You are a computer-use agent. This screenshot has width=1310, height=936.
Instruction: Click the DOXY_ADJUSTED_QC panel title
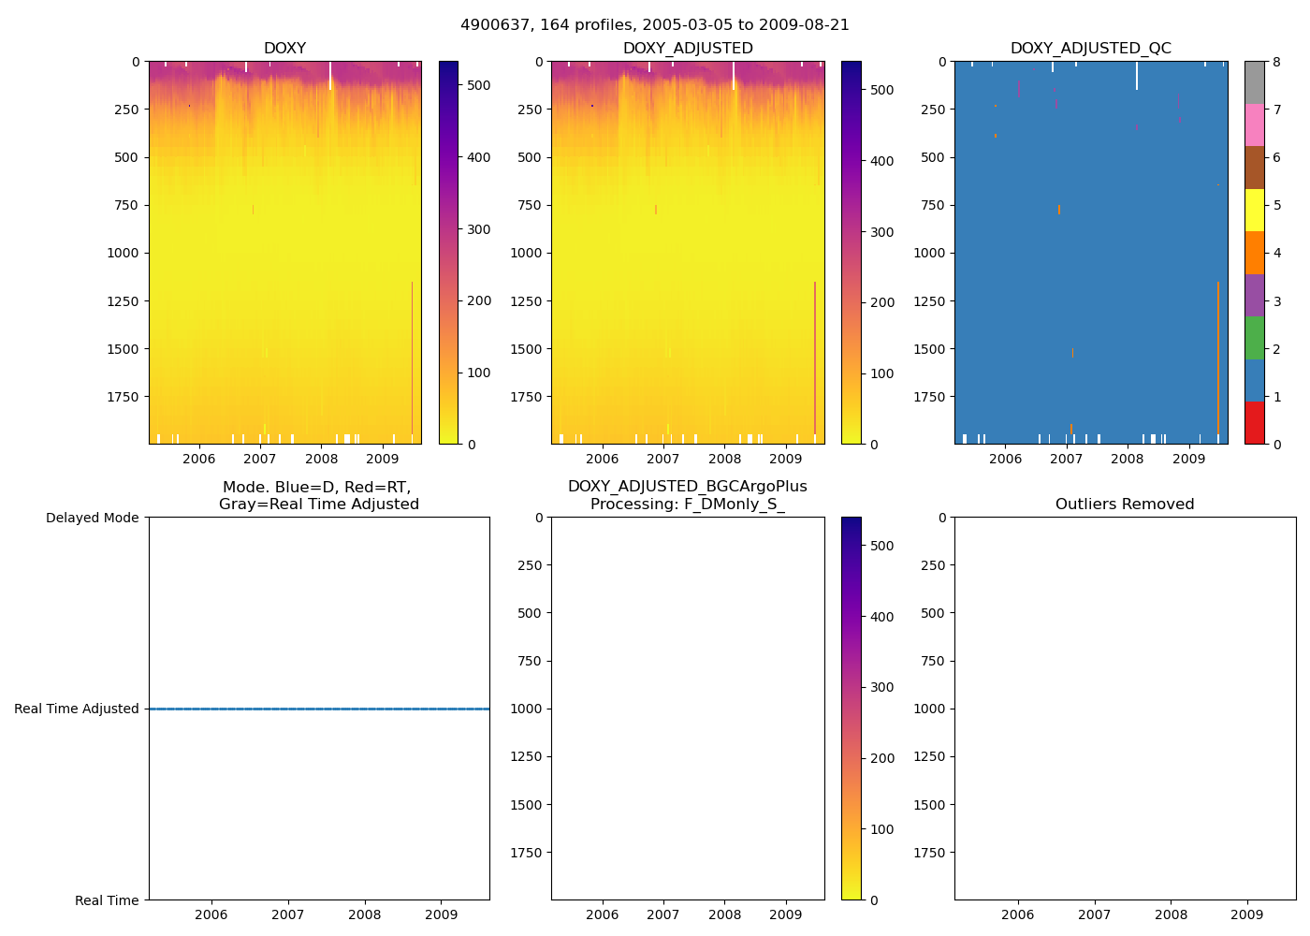(x=1090, y=49)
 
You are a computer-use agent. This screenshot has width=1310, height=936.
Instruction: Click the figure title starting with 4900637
(x=655, y=25)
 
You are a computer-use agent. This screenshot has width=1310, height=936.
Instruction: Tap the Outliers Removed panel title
(x=1125, y=505)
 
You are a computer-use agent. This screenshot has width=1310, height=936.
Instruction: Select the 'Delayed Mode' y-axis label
(x=93, y=519)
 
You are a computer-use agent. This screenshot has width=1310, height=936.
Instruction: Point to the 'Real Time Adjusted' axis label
(x=77, y=709)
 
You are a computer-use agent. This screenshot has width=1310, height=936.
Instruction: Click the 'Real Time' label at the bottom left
(x=107, y=900)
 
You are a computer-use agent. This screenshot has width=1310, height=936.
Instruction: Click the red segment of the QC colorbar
(x=1254, y=423)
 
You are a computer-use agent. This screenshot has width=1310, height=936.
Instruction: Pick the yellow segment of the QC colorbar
(x=1254, y=211)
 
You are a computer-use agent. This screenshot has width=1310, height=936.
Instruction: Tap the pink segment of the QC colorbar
(x=1254, y=125)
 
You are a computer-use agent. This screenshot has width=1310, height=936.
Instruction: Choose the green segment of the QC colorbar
(x=1254, y=338)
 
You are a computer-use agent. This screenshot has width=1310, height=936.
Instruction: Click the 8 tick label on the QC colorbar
(x=1276, y=62)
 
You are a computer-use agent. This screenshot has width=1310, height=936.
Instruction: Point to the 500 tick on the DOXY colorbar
(x=478, y=85)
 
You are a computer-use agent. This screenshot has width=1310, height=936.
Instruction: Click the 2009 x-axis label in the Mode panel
(x=441, y=915)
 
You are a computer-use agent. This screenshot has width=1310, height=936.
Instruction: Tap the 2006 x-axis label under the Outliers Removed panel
(x=1017, y=915)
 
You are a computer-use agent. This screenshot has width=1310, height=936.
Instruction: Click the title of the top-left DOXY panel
(x=284, y=49)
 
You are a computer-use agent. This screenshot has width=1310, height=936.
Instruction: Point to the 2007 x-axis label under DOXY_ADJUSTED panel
(x=663, y=460)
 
